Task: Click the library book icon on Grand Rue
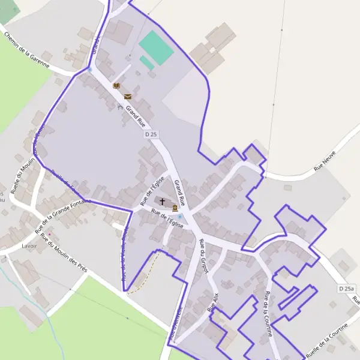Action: click(x=116, y=86)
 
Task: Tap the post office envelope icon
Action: click(x=128, y=96)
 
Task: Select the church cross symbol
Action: click(x=162, y=201)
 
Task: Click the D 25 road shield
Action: click(x=151, y=134)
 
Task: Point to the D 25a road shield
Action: click(x=346, y=289)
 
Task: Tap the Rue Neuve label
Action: click(x=325, y=163)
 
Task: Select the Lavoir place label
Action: click(x=29, y=246)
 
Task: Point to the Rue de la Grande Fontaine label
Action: click(x=62, y=215)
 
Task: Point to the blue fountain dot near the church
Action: click(x=179, y=217)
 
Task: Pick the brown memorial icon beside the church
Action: click(x=175, y=208)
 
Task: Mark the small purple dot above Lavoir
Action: click(x=50, y=233)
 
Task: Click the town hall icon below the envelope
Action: click(x=120, y=108)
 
